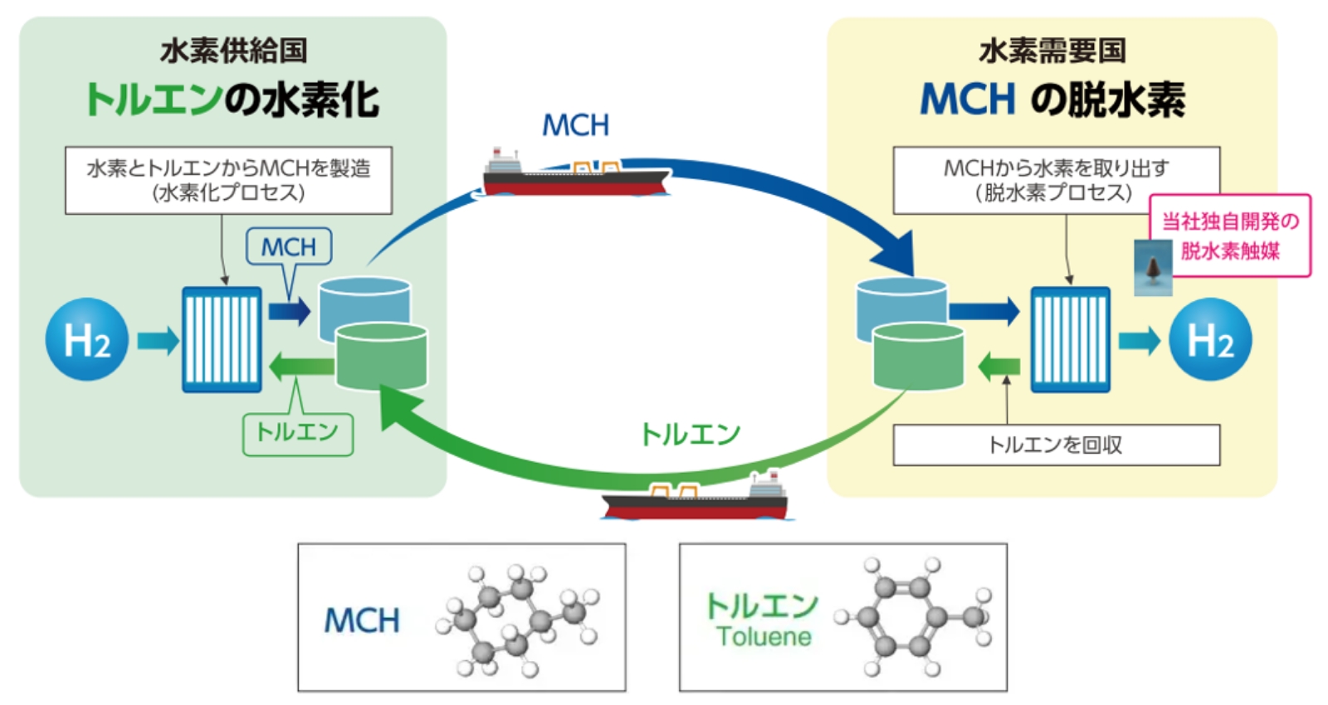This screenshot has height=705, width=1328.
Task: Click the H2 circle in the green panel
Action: pyautogui.click(x=86, y=339)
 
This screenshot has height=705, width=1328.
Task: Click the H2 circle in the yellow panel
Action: pyautogui.click(x=1209, y=339)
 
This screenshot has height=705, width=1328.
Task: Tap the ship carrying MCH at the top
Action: pyautogui.click(x=576, y=174)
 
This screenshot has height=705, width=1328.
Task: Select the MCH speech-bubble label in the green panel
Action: pyautogui.click(x=289, y=247)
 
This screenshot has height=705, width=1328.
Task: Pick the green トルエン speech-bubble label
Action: pyautogui.click(x=297, y=434)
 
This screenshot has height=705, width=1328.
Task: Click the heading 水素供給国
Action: pyautogui.click(x=233, y=51)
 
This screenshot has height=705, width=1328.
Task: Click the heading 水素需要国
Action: pyautogui.click(x=1052, y=51)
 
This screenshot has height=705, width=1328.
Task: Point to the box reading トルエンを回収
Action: pyautogui.click(x=1056, y=445)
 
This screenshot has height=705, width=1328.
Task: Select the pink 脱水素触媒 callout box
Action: pyautogui.click(x=1230, y=236)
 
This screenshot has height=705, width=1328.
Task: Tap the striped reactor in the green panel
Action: pyautogui.click(x=222, y=339)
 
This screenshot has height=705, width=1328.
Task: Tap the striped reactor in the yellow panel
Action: pyautogui.click(x=1070, y=339)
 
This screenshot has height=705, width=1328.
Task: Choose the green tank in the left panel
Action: pyautogui.click(x=381, y=357)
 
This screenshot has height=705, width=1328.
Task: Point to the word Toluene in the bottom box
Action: pyautogui.click(x=764, y=637)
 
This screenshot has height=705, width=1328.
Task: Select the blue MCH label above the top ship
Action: pyautogui.click(x=575, y=125)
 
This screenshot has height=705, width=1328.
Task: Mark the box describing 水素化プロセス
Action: pyautogui.click(x=228, y=180)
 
